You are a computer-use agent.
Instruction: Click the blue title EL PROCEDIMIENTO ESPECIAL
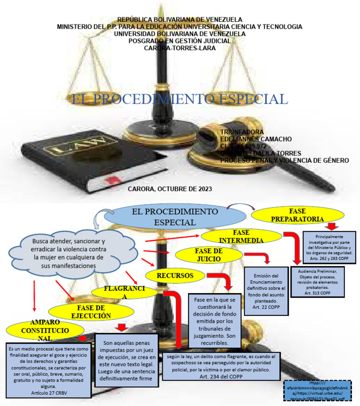click(x=179, y=99)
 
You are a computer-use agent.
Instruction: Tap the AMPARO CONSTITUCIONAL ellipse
click(x=45, y=331)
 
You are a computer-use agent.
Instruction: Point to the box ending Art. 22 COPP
click(x=266, y=291)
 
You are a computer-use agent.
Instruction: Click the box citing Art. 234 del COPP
click(x=222, y=366)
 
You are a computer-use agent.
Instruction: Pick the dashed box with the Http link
click(x=318, y=390)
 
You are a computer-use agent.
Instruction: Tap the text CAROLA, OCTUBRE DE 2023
click(x=170, y=189)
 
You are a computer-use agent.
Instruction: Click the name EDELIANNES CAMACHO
click(x=256, y=139)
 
